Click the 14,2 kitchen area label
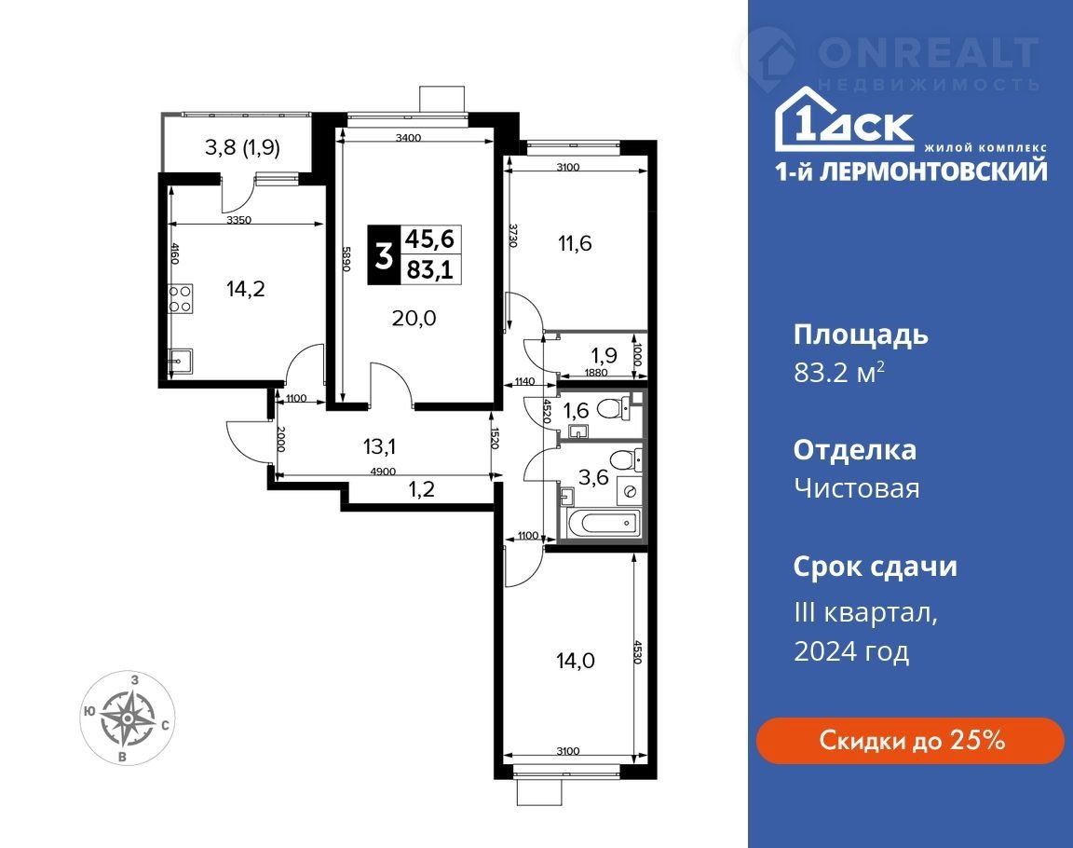tap(246, 289)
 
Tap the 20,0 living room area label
tap(414, 318)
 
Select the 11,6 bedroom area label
tap(575, 243)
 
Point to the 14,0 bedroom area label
tap(576, 661)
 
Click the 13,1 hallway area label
tap(380, 447)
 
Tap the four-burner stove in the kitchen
tap(181, 298)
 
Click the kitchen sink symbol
tap(181, 360)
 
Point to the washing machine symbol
tap(630, 491)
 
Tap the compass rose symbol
tap(128, 718)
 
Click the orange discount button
tap(910, 741)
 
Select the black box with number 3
tap(384, 254)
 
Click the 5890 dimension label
tap(346, 259)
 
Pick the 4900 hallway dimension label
tap(383, 472)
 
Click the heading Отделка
tap(855, 450)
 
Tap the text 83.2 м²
tap(839, 373)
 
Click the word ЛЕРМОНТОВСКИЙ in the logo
tap(933, 171)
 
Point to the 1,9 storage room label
tap(604, 355)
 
